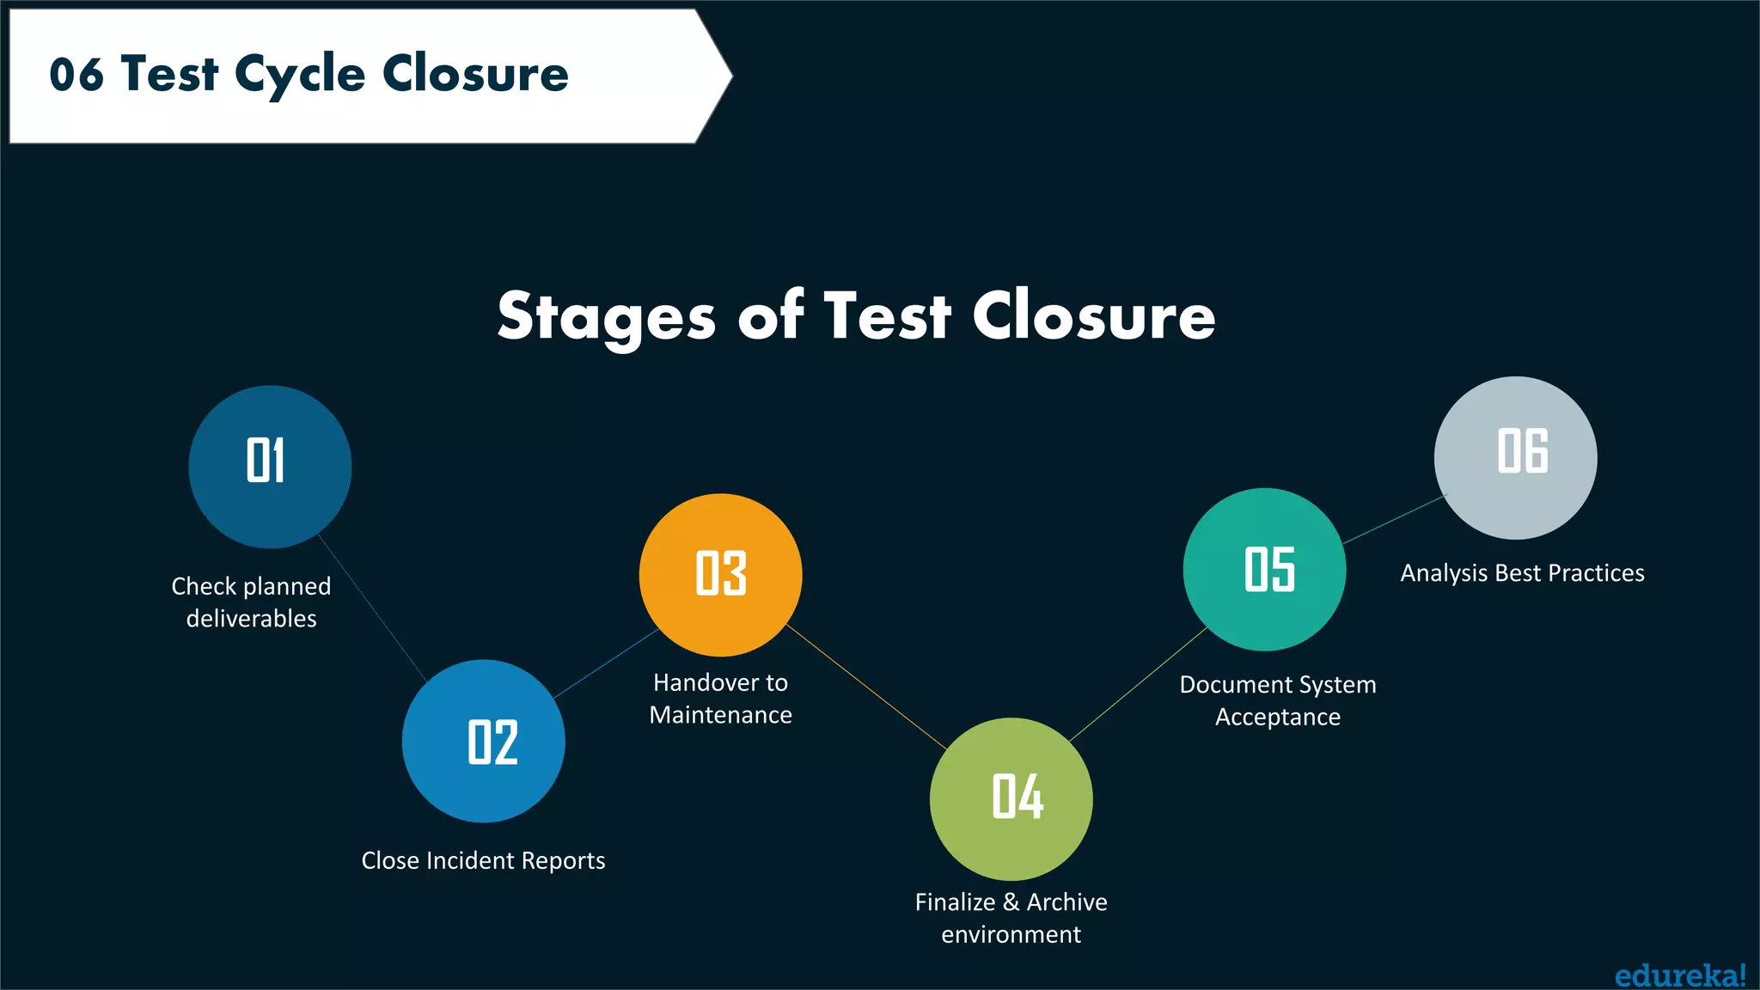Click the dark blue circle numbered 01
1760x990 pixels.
tap(270, 467)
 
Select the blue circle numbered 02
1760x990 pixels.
tap(483, 741)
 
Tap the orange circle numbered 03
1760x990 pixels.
tap(720, 574)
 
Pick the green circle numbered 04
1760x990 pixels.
tap(1011, 798)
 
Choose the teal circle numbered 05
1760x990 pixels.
tap(1264, 569)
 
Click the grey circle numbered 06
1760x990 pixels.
tap(1515, 457)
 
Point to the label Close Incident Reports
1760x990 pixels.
tap(483, 860)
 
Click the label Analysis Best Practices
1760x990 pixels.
tap(1522, 573)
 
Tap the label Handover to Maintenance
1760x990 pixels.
tap(720, 699)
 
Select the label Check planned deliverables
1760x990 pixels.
tap(251, 602)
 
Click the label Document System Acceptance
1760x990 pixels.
tap(1278, 700)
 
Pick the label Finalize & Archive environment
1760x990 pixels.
tap(1011, 918)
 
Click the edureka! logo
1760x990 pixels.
tap(1679, 975)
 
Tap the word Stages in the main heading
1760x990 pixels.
tap(606, 316)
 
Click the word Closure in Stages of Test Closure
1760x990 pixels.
tap(1093, 315)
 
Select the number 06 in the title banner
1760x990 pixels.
tap(76, 75)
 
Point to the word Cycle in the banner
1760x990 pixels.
tap(300, 75)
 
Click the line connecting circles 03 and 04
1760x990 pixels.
tap(866, 687)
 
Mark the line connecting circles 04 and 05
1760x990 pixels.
tap(1139, 684)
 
